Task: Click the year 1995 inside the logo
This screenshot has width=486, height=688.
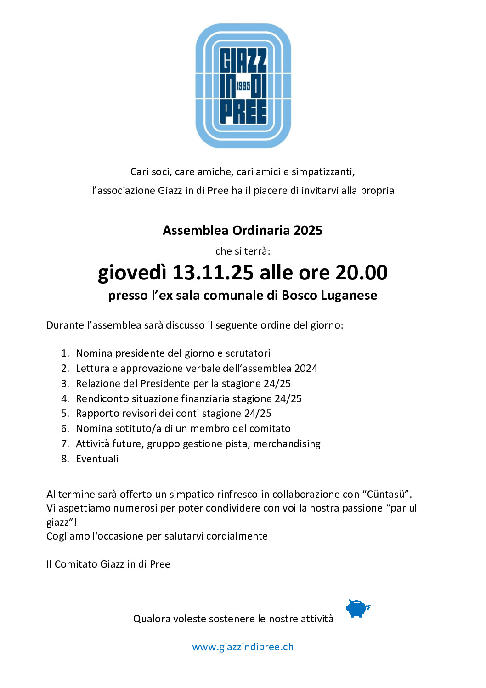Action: click(x=243, y=86)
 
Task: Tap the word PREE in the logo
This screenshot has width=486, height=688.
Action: click(x=243, y=113)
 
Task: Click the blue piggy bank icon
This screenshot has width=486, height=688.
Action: click(x=357, y=608)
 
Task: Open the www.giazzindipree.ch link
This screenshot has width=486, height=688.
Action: click(x=243, y=647)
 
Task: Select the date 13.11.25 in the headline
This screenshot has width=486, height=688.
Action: click(x=213, y=273)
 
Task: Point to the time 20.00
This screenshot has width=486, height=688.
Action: click(x=361, y=273)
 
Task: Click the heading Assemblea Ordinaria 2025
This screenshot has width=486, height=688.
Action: click(x=243, y=230)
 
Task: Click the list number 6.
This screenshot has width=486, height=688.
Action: click(x=65, y=429)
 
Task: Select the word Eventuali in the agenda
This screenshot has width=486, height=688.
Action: click(x=97, y=459)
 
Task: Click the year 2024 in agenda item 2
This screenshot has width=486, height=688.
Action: click(x=306, y=369)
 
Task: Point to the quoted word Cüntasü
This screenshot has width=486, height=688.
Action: click(x=386, y=495)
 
